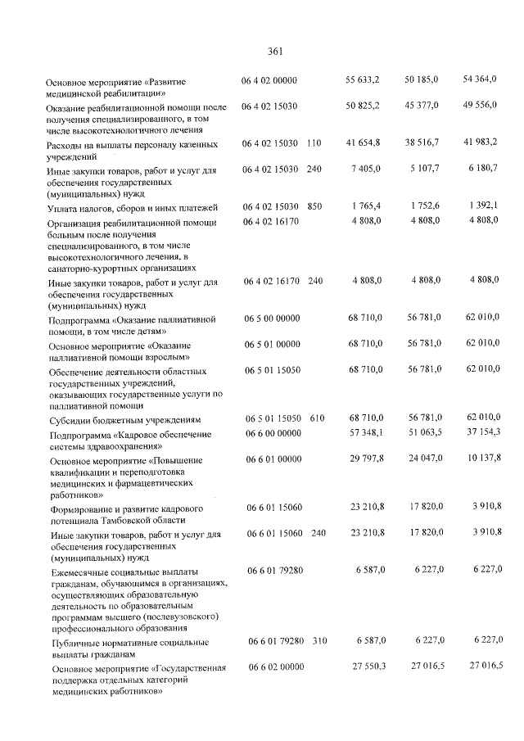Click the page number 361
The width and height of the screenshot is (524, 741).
(275, 52)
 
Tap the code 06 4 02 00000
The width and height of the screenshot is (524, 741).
(269, 80)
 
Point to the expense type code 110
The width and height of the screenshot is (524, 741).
(314, 144)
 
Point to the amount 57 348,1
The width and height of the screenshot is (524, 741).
(365, 432)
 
